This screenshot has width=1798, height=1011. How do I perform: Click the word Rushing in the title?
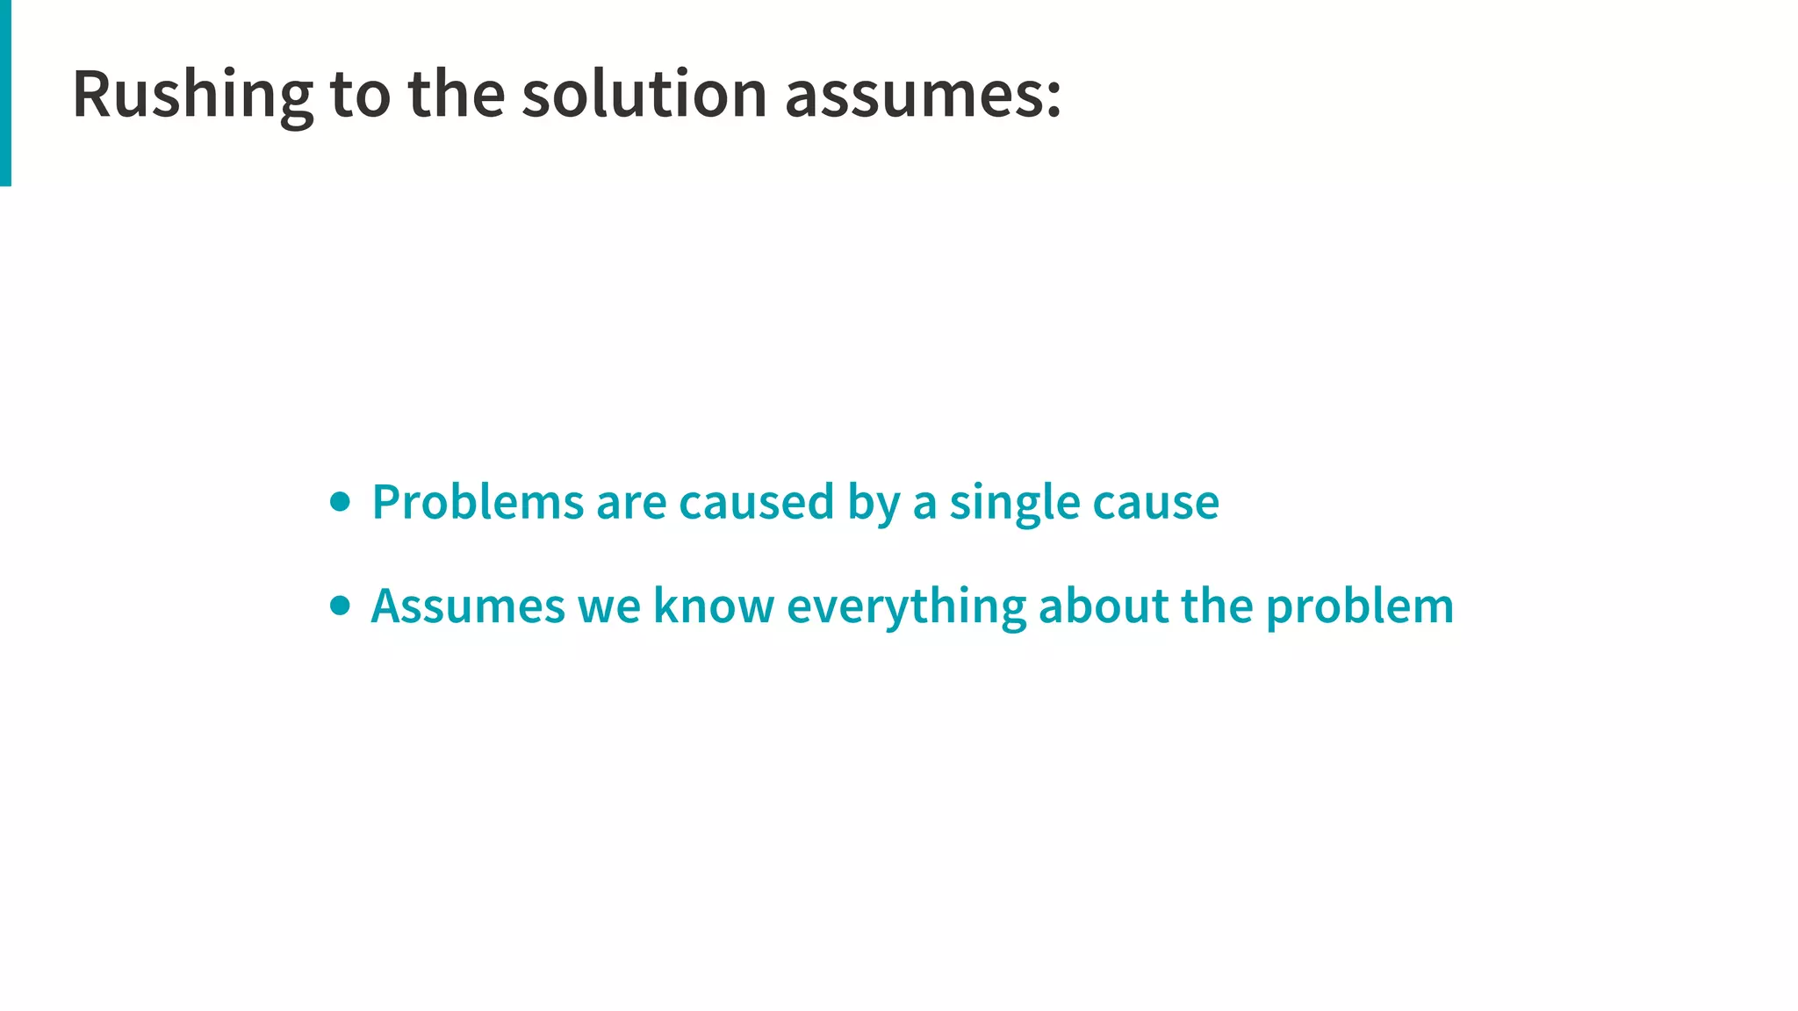click(192, 95)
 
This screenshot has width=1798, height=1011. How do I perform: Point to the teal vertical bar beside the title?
click(5, 92)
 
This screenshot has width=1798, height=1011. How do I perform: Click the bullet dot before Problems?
click(340, 502)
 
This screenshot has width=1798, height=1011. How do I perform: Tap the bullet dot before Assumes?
click(340, 606)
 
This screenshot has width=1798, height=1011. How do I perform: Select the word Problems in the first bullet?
click(478, 502)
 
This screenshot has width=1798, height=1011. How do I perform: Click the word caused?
click(756, 502)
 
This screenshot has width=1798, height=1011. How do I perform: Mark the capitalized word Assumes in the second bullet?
click(468, 606)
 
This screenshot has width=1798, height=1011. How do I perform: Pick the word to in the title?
click(360, 95)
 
